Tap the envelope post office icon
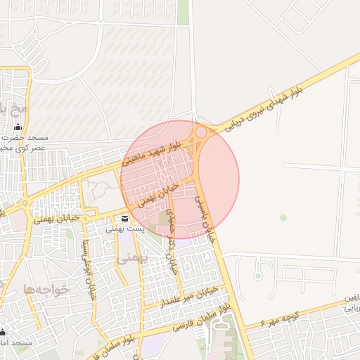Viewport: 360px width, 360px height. click(x=124, y=219)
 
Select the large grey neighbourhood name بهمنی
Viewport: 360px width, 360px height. click(x=129, y=259)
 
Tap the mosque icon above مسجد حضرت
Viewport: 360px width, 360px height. click(x=18, y=127)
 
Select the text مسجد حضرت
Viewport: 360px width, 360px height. click(x=31, y=138)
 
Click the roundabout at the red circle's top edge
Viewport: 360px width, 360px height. click(x=201, y=131)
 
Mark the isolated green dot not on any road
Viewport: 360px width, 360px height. click(x=283, y=217)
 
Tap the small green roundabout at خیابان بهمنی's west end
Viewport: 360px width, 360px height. click(x=25, y=204)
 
